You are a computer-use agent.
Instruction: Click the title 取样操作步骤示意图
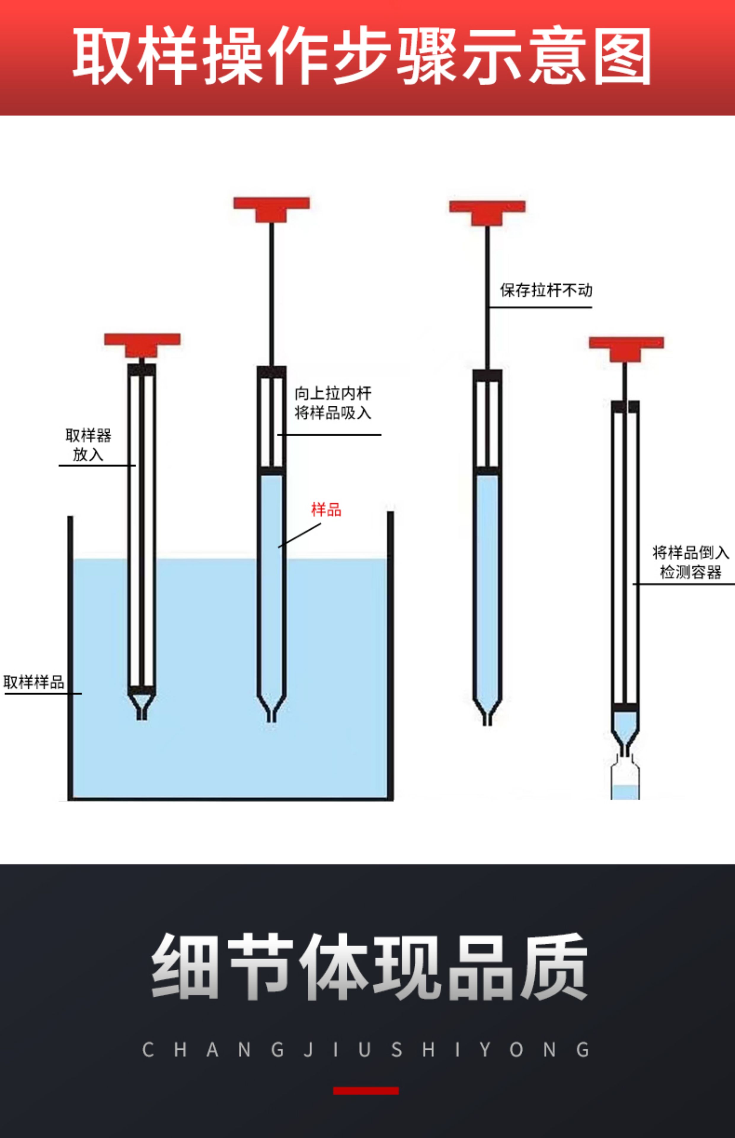tap(362, 56)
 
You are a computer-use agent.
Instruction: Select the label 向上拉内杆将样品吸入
tap(333, 403)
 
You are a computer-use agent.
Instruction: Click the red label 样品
tap(327, 510)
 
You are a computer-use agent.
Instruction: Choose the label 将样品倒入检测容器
tap(690, 562)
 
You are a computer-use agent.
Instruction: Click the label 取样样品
tap(34, 682)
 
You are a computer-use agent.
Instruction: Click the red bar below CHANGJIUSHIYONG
tap(366, 1091)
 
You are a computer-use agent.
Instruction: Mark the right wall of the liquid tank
tap(390, 654)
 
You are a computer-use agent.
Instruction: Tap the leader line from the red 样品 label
tap(300, 535)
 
